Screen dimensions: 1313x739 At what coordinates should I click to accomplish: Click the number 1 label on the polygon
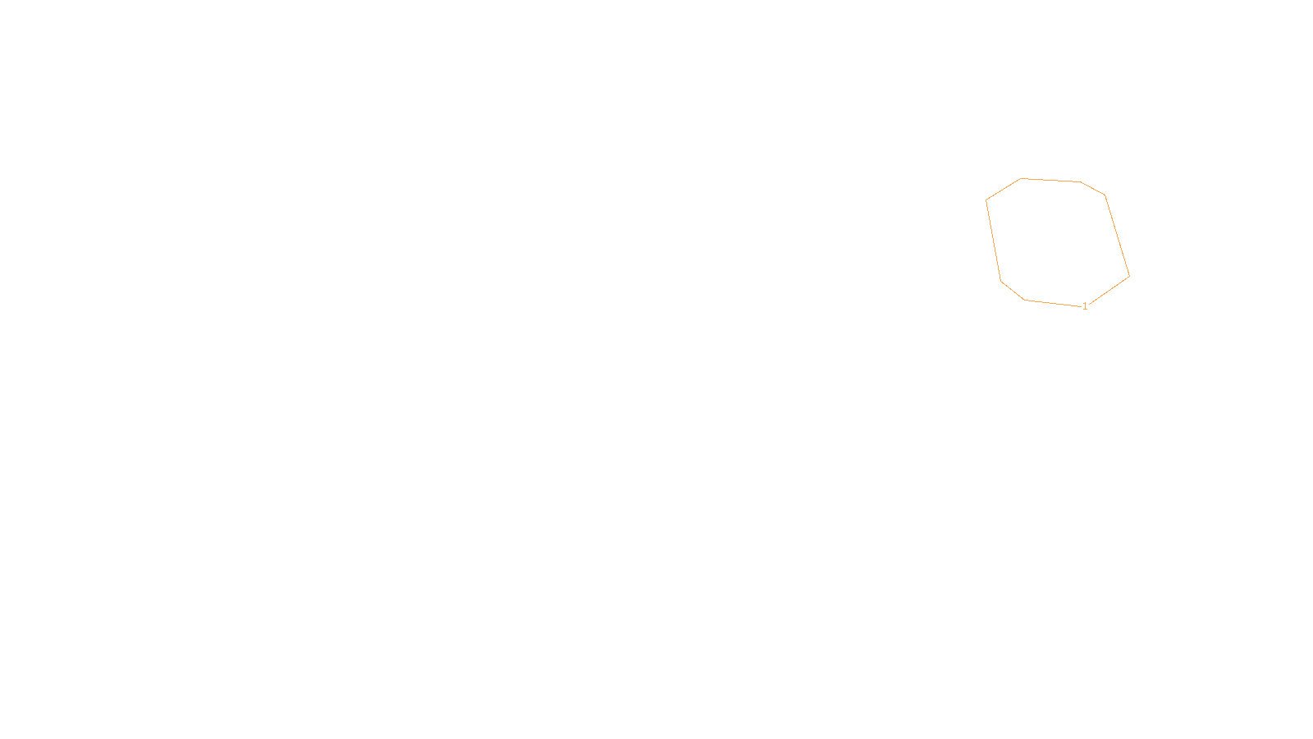1085,306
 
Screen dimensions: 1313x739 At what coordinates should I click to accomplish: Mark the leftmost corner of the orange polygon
986,200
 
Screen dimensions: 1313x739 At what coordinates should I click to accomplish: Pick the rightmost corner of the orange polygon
1129,276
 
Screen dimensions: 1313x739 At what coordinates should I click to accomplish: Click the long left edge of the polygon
993,240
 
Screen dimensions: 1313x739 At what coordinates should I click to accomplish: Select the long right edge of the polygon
1117,235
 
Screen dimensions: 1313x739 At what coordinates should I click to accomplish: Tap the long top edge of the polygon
1050,180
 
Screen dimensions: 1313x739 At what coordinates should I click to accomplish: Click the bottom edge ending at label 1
1053,303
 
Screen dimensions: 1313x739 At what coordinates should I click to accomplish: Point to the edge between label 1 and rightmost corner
1109,291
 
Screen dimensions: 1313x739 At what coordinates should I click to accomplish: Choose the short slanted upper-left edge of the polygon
1004,189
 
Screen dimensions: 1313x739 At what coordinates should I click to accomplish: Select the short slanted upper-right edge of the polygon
1093,188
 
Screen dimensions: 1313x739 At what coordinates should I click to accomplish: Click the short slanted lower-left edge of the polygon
1013,291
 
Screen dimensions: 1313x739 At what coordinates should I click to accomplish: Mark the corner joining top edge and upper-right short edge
1081,181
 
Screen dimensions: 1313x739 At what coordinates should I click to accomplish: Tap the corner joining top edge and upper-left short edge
1021,178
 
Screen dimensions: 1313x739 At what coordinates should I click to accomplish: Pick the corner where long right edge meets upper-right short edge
1105,195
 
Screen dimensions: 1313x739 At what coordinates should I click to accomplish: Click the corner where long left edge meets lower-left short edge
1001,281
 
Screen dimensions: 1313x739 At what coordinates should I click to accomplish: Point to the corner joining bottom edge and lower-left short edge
1025,300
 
